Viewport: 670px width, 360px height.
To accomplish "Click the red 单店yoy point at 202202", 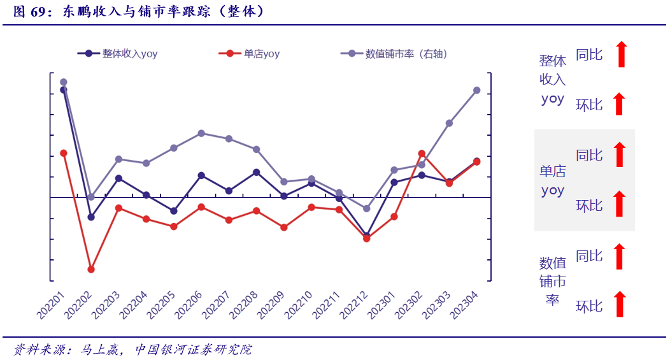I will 91,270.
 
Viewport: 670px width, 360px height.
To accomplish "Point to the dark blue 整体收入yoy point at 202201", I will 64,90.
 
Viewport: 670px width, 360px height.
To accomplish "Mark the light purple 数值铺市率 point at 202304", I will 476,90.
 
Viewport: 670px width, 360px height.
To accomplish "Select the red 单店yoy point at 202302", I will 422,154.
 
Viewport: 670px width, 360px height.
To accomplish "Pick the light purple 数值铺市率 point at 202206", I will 201,133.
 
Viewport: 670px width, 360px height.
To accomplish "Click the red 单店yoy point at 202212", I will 366,239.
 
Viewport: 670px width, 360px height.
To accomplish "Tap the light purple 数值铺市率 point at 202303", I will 449,123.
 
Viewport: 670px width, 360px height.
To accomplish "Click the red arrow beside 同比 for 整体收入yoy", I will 622,54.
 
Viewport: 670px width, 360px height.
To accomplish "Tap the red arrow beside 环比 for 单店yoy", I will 619,204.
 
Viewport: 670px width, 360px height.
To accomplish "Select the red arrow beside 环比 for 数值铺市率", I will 619,305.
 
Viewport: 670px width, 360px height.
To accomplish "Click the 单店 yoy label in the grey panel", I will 552,181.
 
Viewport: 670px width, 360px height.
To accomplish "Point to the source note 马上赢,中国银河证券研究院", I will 166,350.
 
